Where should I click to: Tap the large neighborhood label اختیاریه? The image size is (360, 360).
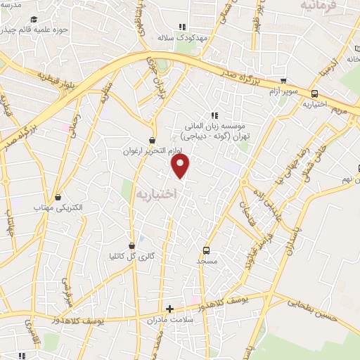[x=154, y=193]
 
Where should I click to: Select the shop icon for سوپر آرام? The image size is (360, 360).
[x=283, y=82]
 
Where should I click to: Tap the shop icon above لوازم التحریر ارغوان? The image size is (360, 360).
[x=153, y=140]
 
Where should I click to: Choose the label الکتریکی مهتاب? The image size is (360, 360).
[x=57, y=209]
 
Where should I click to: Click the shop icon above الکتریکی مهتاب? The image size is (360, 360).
[x=57, y=198]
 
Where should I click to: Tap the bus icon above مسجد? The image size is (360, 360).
[x=206, y=250]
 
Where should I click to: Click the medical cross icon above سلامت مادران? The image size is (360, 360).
[x=169, y=308]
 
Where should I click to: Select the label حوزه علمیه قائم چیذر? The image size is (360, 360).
[x=35, y=30]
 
